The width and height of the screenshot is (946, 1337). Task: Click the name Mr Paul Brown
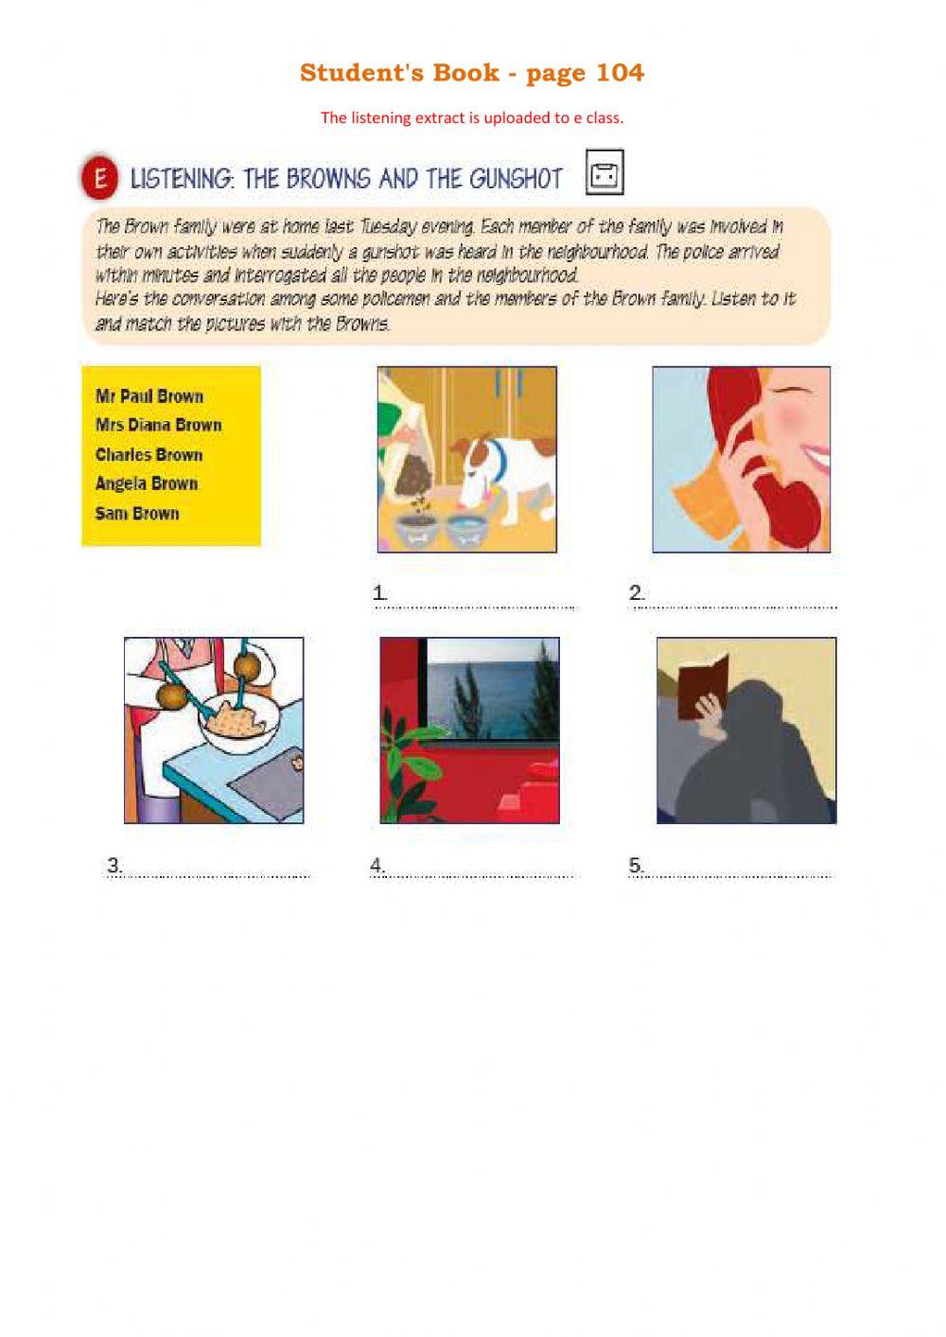click(x=149, y=396)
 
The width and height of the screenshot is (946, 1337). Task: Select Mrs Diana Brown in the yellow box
click(x=158, y=425)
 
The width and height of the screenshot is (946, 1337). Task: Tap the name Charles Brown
click(x=149, y=454)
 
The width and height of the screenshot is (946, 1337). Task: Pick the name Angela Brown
click(x=147, y=484)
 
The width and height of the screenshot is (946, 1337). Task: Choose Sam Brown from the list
click(x=137, y=513)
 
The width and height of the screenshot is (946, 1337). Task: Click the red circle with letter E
click(x=99, y=178)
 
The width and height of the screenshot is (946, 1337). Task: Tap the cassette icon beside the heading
click(x=604, y=173)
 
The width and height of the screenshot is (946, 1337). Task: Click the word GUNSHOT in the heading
click(x=512, y=179)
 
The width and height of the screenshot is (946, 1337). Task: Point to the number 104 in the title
click(x=620, y=73)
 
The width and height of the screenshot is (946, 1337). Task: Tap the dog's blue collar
click(x=499, y=461)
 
